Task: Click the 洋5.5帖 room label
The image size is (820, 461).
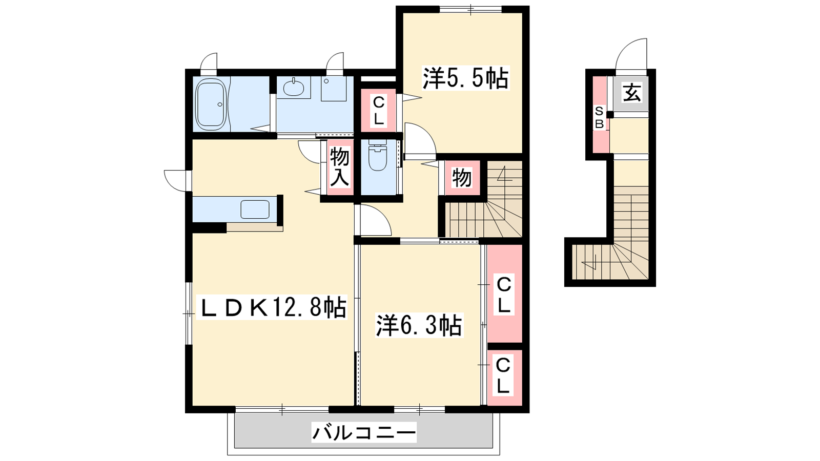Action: pyautogui.click(x=466, y=77)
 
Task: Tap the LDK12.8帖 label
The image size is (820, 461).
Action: pyautogui.click(x=272, y=308)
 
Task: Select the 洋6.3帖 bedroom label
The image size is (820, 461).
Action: pyautogui.click(x=419, y=325)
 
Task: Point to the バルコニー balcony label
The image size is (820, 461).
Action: pyautogui.click(x=364, y=432)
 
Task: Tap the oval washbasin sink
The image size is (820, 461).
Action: pyautogui.click(x=294, y=88)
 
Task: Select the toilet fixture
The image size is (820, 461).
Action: pyautogui.click(x=378, y=155)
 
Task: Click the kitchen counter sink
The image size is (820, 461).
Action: pyautogui.click(x=255, y=209)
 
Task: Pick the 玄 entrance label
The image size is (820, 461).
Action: pyautogui.click(x=632, y=93)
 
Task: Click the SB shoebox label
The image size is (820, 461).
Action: pyautogui.click(x=599, y=118)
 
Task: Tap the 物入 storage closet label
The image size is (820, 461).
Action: pyautogui.click(x=339, y=166)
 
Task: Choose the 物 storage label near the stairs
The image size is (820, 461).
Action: pyautogui.click(x=461, y=178)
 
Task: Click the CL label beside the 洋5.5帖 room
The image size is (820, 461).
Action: pyautogui.click(x=378, y=110)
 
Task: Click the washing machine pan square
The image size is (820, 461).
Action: pyautogui.click(x=334, y=89)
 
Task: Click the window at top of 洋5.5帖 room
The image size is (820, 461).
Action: pyautogui.click(x=470, y=9)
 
